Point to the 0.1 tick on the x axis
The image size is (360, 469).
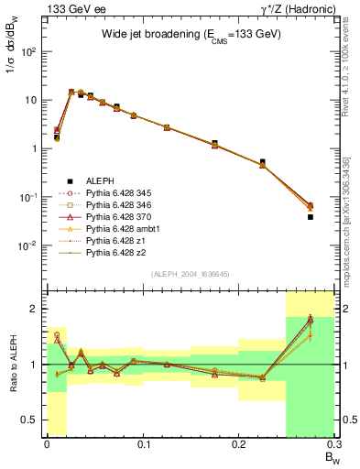tap(143, 446)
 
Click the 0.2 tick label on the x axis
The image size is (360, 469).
tap(239, 446)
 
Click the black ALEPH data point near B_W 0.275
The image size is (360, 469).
tap(310, 217)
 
